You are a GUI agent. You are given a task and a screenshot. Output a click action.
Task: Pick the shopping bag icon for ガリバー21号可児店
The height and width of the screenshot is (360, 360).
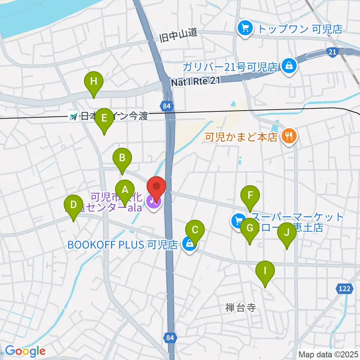click(289, 66)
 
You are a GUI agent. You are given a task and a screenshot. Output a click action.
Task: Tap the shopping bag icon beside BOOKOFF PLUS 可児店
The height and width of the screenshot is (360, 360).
click(190, 244)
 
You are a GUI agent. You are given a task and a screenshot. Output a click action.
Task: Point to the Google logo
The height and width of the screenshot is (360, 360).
click(25, 351)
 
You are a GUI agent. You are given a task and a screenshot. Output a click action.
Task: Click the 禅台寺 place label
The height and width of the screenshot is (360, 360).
click(240, 308)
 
